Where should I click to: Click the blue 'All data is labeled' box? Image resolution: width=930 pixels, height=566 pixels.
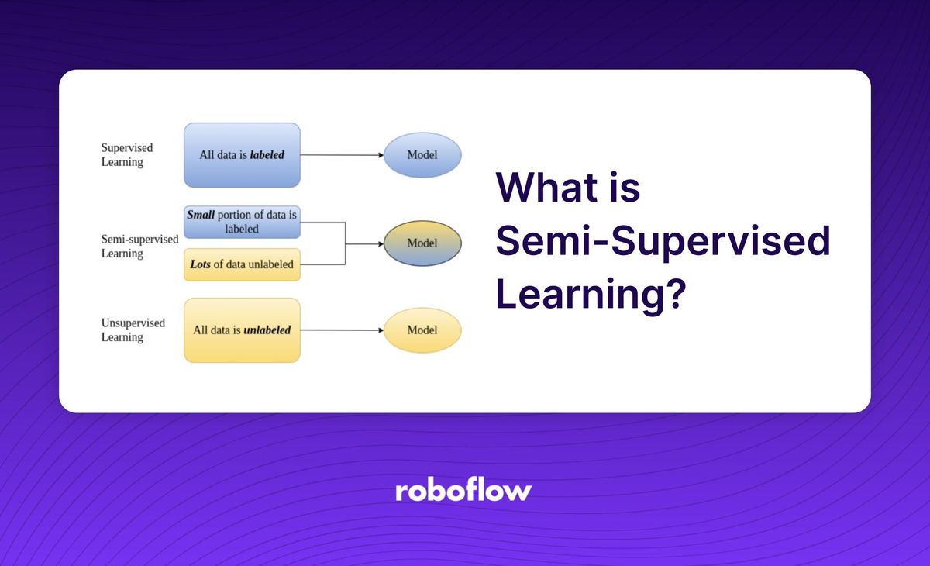pos(242,155)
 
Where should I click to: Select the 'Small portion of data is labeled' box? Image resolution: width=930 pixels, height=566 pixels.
pos(242,221)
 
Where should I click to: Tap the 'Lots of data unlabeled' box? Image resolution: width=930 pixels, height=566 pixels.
pos(242,265)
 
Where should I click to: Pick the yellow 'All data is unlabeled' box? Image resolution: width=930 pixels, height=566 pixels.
pos(242,330)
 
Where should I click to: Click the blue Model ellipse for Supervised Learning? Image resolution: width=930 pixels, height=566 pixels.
pos(422,155)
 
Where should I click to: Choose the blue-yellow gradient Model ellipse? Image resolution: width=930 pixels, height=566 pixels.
pos(422,243)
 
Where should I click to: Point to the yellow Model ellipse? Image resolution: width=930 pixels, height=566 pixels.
pos(422,330)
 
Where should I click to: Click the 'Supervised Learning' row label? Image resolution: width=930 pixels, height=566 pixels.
pos(126,155)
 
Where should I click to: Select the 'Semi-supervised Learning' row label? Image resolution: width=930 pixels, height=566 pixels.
pos(139,247)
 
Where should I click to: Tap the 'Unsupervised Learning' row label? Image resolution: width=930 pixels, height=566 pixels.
pos(133,330)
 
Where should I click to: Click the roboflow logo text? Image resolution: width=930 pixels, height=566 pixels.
pos(463,491)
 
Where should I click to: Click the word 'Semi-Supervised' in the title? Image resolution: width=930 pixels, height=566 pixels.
pos(663,242)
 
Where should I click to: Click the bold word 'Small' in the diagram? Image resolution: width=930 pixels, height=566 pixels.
pos(201,214)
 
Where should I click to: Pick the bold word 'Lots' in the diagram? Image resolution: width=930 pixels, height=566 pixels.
pos(200,265)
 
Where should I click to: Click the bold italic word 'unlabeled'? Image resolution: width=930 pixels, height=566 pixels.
pos(267,330)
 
